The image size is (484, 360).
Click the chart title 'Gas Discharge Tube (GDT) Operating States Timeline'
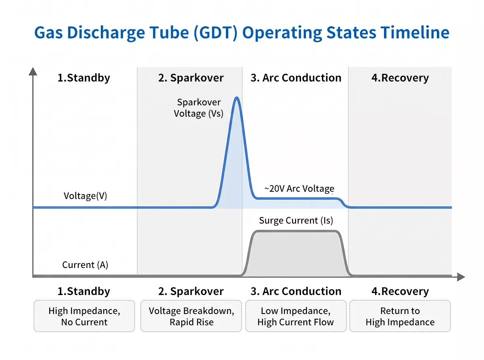(x=242, y=32)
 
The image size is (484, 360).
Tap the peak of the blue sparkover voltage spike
(x=236, y=98)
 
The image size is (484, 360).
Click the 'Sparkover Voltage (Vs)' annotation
(x=199, y=108)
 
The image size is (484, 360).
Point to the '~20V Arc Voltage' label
(x=299, y=188)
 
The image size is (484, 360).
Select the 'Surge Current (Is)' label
(x=296, y=220)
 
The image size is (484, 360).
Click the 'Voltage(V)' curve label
(x=86, y=196)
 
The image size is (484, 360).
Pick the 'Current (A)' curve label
(x=85, y=265)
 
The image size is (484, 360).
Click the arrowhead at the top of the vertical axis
(x=33, y=71)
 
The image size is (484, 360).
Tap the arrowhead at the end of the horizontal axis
(x=461, y=277)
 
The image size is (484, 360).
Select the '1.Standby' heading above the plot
(x=83, y=78)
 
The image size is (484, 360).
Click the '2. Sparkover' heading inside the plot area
(x=191, y=78)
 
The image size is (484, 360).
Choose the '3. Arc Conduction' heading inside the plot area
(x=296, y=78)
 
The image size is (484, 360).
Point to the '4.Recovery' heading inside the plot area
(x=400, y=78)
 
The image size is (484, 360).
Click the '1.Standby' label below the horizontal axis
(x=83, y=291)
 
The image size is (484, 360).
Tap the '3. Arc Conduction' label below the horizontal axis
(x=296, y=291)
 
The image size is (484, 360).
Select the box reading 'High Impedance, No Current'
(x=84, y=316)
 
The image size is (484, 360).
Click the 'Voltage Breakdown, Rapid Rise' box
(x=191, y=316)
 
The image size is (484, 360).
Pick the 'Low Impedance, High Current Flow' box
(x=296, y=316)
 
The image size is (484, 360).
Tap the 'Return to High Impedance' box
(x=400, y=316)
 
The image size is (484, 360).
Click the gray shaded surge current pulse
(x=296, y=254)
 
